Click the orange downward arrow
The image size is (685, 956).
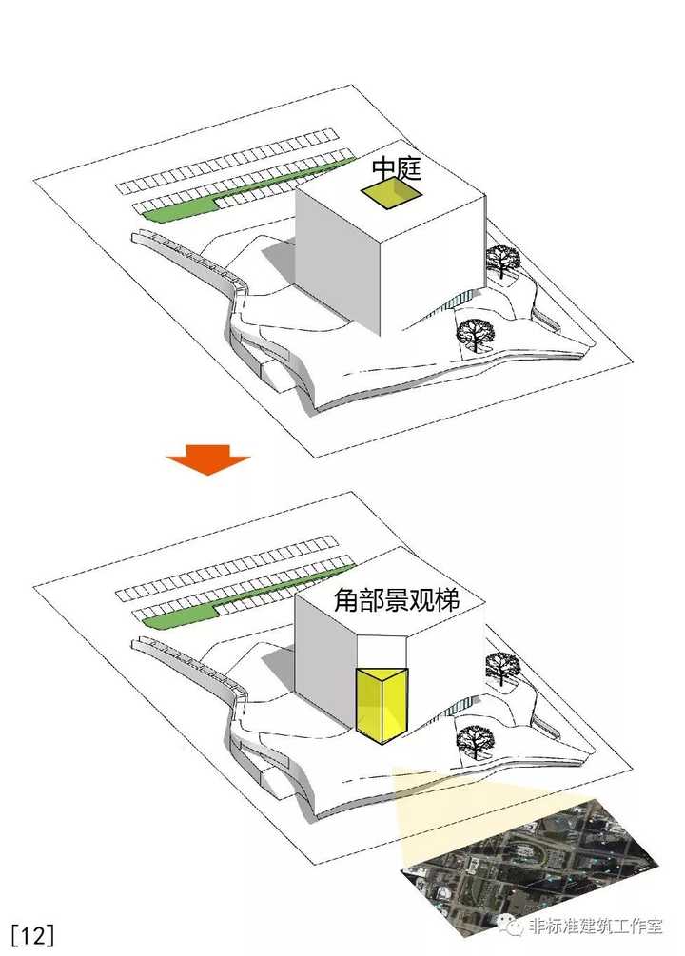point(208,459)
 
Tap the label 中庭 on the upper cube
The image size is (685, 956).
point(397,168)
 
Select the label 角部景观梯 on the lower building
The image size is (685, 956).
point(396,600)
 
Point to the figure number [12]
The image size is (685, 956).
point(32,934)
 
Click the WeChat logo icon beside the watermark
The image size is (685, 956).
point(510,926)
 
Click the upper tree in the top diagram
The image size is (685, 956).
point(502,261)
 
